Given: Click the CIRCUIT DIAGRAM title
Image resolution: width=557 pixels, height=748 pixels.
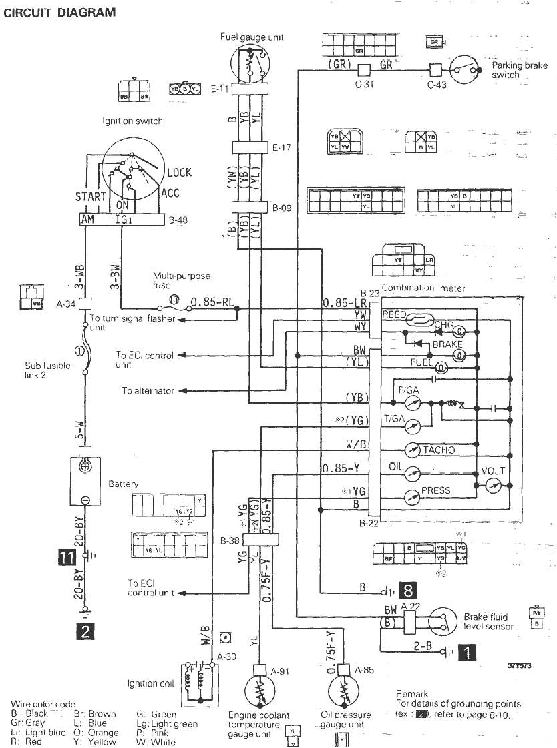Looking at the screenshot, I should [59, 12].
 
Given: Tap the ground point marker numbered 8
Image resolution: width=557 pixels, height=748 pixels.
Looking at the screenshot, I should [409, 589].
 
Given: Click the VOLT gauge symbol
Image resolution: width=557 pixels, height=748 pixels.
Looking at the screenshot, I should [494, 485].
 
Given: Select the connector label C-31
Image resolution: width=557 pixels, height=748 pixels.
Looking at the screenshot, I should [364, 85].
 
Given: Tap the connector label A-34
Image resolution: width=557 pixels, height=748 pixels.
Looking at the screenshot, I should [65, 302].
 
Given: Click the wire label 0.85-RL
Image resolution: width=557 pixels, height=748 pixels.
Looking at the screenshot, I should [212, 302].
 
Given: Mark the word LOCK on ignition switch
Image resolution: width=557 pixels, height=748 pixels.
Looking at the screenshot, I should [179, 173].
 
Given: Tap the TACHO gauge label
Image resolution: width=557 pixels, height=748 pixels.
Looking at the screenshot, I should [439, 450].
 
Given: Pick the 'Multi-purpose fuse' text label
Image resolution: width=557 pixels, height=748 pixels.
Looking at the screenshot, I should [172, 280].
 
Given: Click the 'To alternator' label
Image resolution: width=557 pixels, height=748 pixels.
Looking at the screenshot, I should [148, 390].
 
